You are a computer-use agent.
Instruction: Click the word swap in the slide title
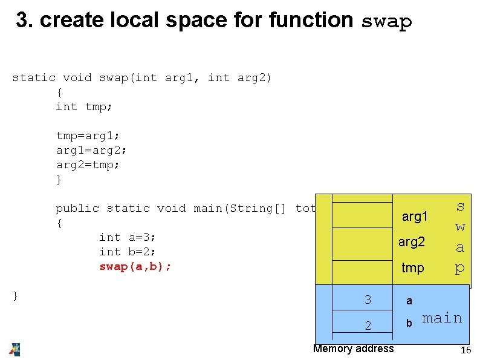coord(386,22)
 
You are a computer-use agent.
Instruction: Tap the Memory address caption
coord(353,348)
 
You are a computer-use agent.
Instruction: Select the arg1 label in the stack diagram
coord(415,217)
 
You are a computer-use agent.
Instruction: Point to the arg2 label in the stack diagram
coord(411,242)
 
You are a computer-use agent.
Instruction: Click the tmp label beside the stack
coord(412,267)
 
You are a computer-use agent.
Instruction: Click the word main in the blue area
coord(442,318)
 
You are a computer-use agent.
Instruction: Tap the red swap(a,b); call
coord(135,266)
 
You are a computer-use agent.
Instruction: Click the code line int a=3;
coord(128,237)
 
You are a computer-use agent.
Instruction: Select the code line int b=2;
coord(128,252)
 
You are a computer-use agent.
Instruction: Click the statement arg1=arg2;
coord(91,150)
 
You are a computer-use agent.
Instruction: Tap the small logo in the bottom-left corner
coord(15,349)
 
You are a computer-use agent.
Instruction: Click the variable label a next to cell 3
coord(409,301)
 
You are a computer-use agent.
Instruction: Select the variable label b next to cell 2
coord(409,324)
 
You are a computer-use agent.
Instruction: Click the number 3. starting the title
coord(24,21)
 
